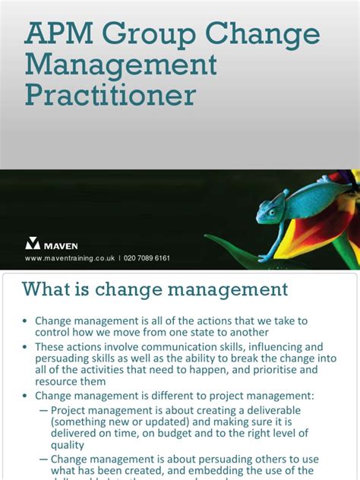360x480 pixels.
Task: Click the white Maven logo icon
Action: (33, 243)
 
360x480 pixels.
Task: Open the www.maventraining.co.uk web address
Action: (70, 258)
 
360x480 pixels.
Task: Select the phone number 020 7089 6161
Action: (146, 258)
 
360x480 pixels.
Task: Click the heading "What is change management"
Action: (155, 289)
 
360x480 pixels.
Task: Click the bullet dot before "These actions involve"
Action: (25, 346)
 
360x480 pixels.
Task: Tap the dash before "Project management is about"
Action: (43, 408)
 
